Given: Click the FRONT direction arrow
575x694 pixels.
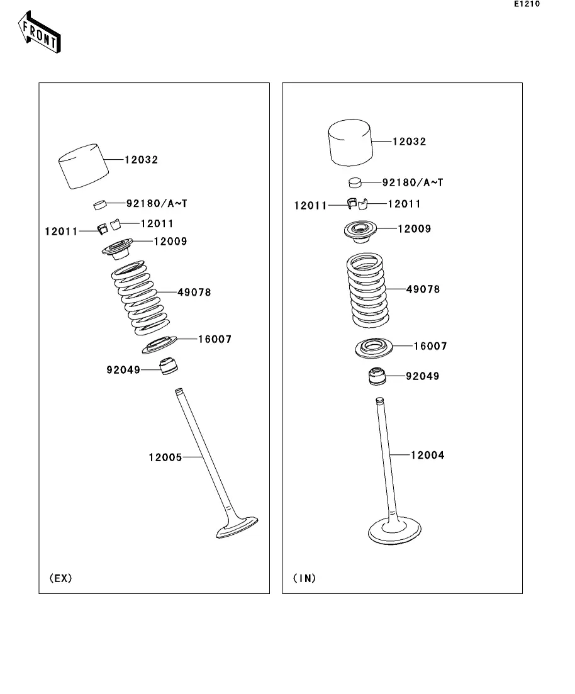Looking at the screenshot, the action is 40,32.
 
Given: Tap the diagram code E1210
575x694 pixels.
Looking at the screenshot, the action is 527,4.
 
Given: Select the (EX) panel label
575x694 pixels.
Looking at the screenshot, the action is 60,578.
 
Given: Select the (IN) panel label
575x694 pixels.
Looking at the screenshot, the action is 304,578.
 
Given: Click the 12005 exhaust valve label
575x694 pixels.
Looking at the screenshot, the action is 165,457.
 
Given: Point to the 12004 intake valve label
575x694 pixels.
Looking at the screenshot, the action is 428,455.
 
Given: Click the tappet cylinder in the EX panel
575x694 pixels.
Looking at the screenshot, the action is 84,166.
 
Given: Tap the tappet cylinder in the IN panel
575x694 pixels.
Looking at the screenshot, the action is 350,143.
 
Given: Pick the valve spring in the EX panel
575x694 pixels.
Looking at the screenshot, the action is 140,298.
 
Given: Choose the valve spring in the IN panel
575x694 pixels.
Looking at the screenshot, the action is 367,290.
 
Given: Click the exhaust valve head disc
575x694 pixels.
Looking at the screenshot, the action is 237,527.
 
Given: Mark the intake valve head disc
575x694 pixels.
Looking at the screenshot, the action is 394,530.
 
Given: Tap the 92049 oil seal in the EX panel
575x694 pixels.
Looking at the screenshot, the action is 169,366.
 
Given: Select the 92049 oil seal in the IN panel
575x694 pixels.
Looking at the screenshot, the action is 377,376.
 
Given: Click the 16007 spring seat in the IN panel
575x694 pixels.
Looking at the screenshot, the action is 374,349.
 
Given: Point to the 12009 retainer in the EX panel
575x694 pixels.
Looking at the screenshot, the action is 117,249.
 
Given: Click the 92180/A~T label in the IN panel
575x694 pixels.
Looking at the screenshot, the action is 413,182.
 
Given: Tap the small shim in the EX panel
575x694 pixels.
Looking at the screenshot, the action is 101,204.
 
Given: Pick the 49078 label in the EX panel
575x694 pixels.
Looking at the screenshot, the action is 194,292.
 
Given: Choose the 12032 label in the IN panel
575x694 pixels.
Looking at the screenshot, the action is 410,142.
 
